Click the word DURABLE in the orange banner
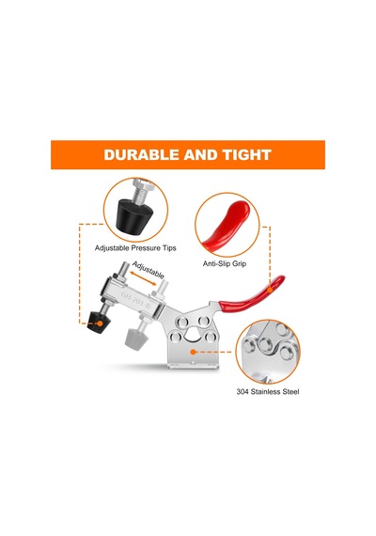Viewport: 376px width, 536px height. (142, 154)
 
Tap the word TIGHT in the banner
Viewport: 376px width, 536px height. (247, 154)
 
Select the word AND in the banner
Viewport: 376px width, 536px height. (201, 154)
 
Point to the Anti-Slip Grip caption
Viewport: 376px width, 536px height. (225, 263)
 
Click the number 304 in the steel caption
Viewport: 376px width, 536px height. (243, 391)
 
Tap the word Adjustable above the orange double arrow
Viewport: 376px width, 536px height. (148, 270)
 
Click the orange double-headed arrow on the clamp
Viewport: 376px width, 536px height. (143, 278)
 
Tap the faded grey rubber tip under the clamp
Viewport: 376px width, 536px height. (137, 339)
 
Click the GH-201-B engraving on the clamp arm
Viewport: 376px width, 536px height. (135, 301)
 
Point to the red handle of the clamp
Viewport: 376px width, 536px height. (252, 295)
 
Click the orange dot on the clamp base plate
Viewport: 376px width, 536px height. (193, 352)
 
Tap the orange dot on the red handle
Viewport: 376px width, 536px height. (270, 290)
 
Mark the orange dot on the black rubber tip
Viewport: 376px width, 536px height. (100, 323)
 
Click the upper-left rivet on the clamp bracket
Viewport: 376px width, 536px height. (182, 323)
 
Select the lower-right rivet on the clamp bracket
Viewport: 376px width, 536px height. (210, 338)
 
